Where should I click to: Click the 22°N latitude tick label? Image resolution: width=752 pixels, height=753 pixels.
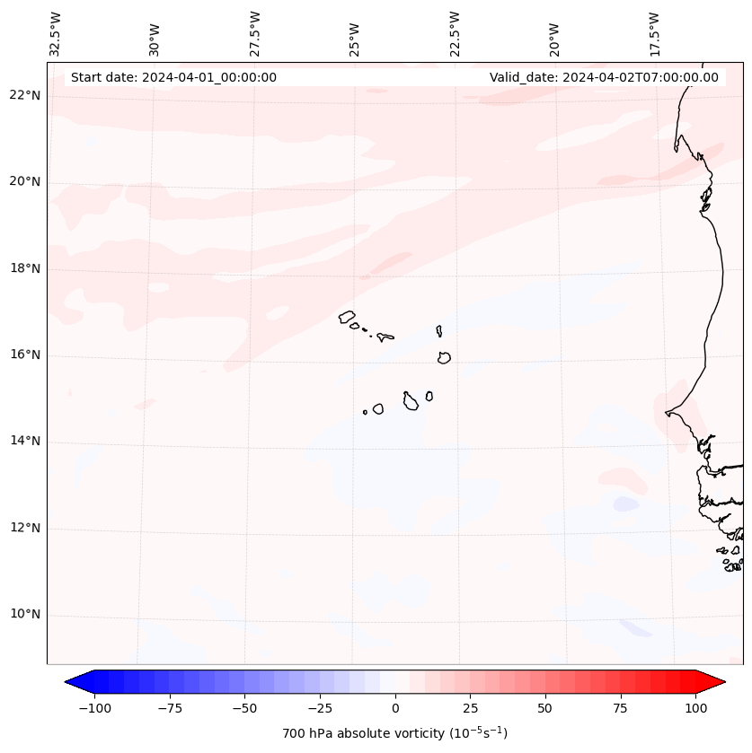click(x=26, y=95)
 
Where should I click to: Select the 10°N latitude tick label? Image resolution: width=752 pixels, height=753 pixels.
click(x=26, y=615)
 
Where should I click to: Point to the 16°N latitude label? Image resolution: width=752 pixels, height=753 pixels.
click(x=26, y=355)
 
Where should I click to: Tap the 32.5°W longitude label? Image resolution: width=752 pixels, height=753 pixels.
click(x=56, y=33)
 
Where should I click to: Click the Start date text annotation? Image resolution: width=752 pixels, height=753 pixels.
click(x=173, y=77)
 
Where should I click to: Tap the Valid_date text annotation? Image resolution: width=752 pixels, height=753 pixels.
click(x=604, y=77)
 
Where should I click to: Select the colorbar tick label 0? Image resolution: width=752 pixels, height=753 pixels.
click(x=395, y=708)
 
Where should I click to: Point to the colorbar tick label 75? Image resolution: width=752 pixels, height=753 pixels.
click(x=621, y=708)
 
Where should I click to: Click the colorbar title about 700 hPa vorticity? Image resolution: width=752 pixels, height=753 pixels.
click(x=395, y=733)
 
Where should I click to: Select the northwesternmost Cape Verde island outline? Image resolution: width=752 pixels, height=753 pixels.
click(x=348, y=316)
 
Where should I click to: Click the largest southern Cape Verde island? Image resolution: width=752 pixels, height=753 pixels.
click(x=411, y=401)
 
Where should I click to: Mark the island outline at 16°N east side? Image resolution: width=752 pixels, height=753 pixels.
click(x=444, y=357)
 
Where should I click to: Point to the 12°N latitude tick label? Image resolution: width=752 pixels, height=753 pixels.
click(x=26, y=528)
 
